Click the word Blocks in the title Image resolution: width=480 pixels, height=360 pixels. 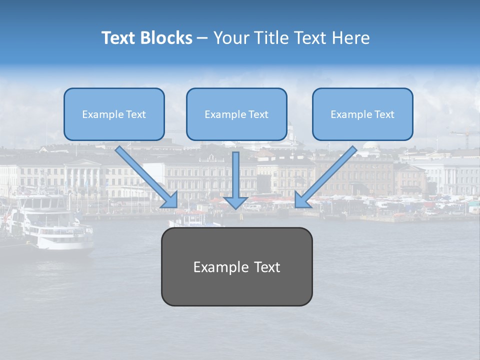167,38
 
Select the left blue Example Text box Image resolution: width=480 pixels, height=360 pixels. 114,114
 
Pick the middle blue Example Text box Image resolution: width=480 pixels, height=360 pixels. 236,114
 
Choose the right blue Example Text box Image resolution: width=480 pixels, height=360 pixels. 362,114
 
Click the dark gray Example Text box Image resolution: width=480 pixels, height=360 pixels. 236,267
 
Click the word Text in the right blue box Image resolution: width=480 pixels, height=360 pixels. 384,114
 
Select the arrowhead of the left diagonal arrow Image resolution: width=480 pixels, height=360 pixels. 170,200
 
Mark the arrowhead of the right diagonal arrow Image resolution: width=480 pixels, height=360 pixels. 301,200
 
